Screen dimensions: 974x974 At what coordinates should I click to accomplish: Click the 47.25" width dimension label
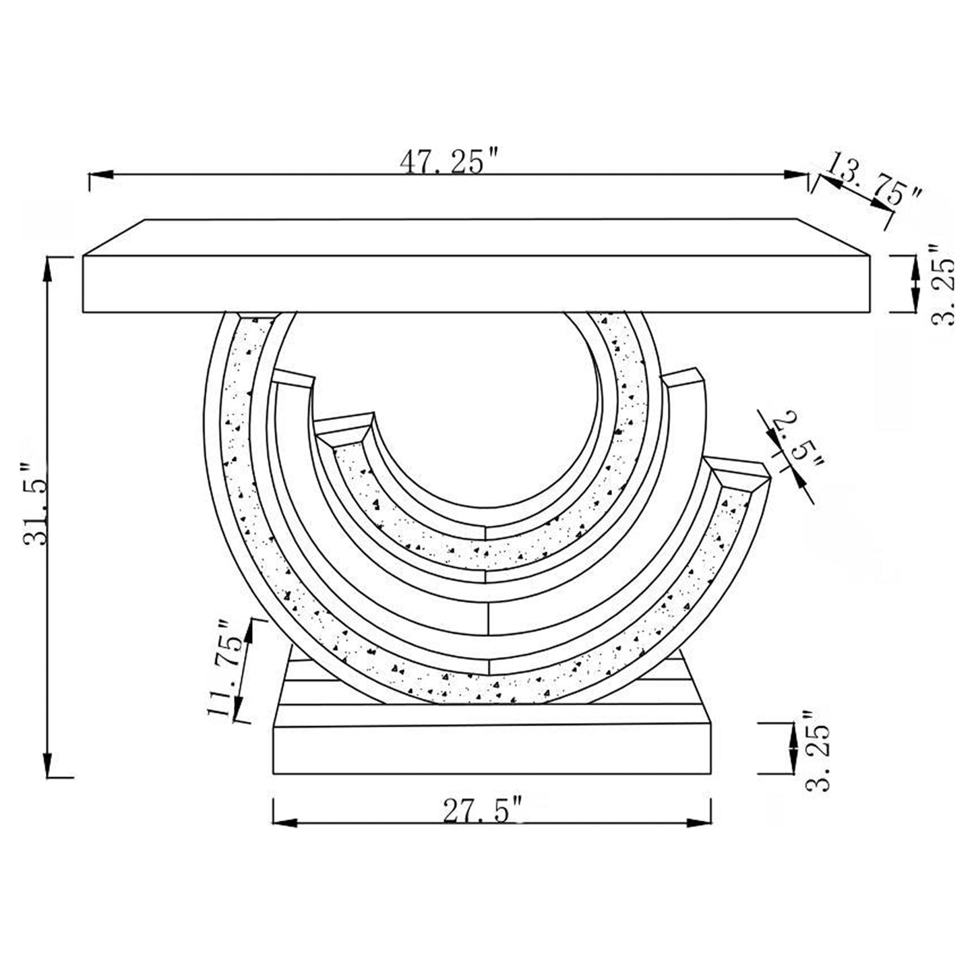[x=450, y=160]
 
